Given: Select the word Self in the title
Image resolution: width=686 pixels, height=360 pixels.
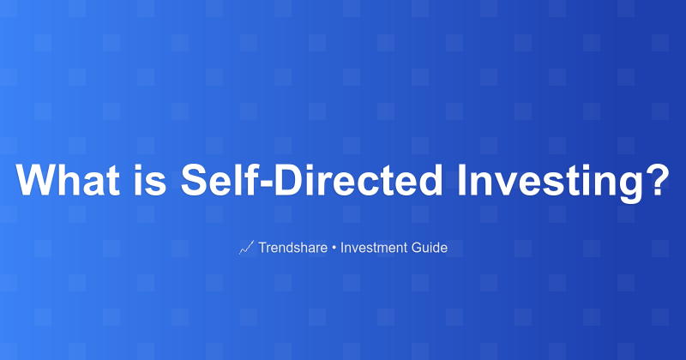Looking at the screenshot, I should pos(214,180).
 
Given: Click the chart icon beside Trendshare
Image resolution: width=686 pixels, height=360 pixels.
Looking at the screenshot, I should pos(246,249).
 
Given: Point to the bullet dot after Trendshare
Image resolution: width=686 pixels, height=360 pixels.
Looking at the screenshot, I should pos(334,249).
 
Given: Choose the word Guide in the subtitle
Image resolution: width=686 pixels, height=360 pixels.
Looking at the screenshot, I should pos(430,249).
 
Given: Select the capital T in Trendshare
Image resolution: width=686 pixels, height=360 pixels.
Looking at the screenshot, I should pos(262,249).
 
